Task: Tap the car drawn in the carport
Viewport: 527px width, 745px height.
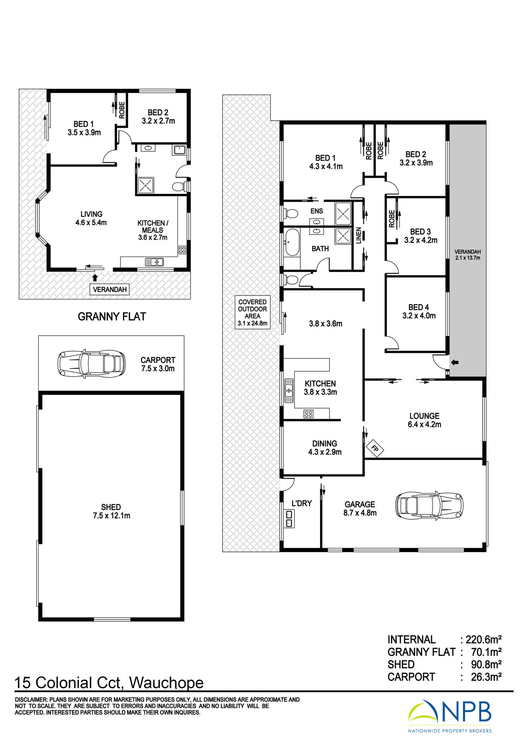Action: point(91,363)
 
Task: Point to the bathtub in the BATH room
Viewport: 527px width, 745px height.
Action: point(292,242)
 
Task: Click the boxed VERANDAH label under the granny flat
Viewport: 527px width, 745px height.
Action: point(110,289)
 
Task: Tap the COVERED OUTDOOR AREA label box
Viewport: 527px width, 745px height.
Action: point(253,312)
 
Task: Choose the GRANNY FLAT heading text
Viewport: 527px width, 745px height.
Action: point(112,316)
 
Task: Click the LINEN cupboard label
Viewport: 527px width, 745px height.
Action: point(359,235)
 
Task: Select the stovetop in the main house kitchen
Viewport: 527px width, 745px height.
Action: point(308,414)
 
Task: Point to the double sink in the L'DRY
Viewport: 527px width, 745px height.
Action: point(289,519)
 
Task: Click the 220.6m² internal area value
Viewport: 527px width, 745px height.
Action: point(483,639)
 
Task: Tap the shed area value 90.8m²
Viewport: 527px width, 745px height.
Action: point(486,665)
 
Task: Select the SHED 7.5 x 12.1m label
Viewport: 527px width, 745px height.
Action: point(111,511)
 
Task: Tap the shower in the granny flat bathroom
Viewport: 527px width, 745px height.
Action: point(145,185)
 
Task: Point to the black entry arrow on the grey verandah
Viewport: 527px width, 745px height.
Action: point(455,362)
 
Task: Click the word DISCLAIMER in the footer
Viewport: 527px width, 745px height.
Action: point(31,700)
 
